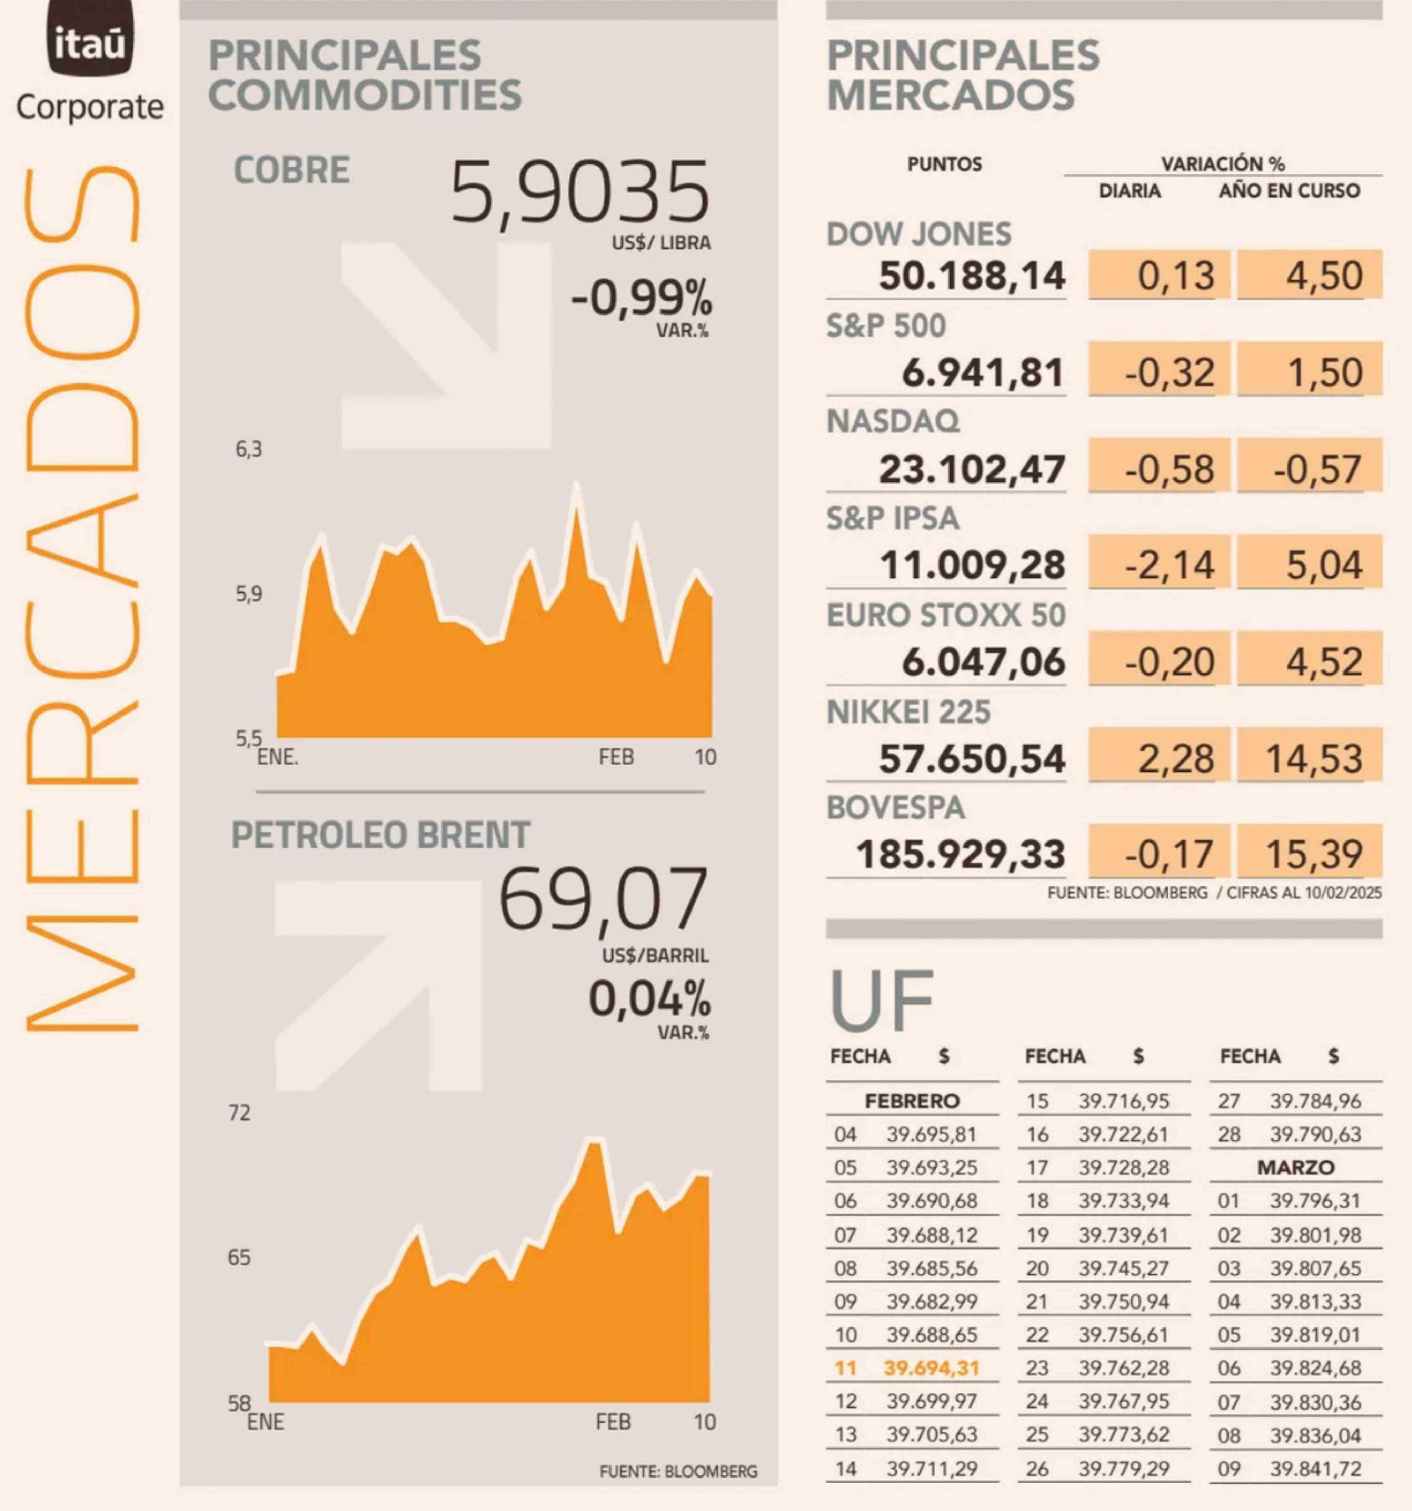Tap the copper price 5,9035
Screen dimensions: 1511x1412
pyautogui.click(x=579, y=193)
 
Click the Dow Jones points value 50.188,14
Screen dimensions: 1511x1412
pyautogui.click(x=971, y=275)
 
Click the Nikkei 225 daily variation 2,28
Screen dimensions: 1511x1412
pyautogui.click(x=1175, y=759)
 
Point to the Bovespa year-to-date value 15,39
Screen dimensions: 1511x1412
pyautogui.click(x=1313, y=854)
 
